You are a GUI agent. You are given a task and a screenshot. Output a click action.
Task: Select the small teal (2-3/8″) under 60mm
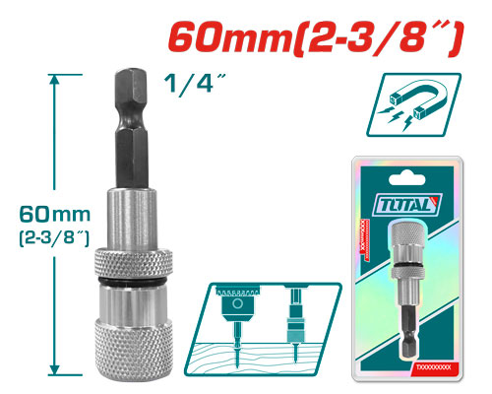point(43,236)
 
